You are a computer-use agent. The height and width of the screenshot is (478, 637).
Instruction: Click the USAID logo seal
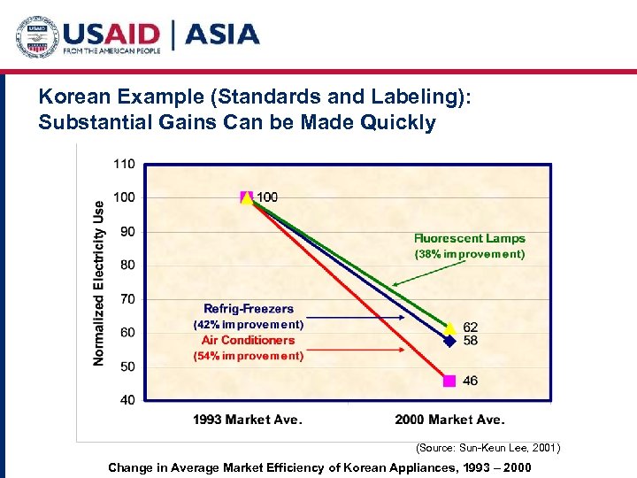tap(36, 36)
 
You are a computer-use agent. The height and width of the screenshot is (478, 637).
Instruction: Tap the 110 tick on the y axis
tap(124, 164)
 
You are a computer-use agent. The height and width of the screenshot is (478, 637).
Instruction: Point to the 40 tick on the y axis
tap(127, 400)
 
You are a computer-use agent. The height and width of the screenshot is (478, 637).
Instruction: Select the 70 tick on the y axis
tap(127, 299)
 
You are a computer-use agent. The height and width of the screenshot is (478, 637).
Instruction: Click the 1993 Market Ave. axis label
tap(248, 420)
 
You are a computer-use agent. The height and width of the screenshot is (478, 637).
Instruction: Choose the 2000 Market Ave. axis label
tap(449, 420)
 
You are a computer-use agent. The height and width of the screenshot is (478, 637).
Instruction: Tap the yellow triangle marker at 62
tap(449, 328)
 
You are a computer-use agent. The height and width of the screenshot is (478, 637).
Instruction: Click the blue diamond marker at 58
tap(449, 340)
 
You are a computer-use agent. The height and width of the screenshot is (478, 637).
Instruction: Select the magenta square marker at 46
tap(449, 381)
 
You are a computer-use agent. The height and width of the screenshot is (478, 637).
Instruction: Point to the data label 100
tap(266, 197)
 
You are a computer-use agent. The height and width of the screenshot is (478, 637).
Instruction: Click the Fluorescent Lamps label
tap(469, 238)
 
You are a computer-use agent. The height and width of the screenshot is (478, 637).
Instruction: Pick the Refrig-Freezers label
tap(249, 308)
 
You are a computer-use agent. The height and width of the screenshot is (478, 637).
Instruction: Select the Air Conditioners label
tap(248, 340)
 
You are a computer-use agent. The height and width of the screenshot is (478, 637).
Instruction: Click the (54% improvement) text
tap(248, 356)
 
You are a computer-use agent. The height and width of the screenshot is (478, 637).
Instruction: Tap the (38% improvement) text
tap(469, 254)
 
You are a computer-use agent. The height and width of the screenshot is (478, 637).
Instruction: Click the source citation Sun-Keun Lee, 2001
tap(487, 448)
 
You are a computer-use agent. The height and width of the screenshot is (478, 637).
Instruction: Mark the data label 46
tap(470, 381)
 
